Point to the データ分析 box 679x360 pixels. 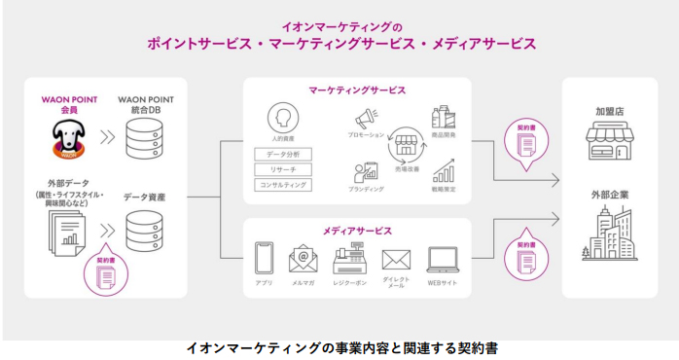(282, 155)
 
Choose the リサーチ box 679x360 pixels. (282, 169)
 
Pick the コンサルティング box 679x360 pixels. (282, 185)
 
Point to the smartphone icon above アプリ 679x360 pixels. (264, 259)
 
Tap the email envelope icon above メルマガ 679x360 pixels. (304, 259)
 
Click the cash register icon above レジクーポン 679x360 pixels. (348, 259)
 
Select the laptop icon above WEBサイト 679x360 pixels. (443, 259)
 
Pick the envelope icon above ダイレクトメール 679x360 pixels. (396, 260)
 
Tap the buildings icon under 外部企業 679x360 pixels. (610, 234)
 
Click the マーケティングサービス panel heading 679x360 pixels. (357, 90)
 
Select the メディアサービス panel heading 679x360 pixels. (357, 231)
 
